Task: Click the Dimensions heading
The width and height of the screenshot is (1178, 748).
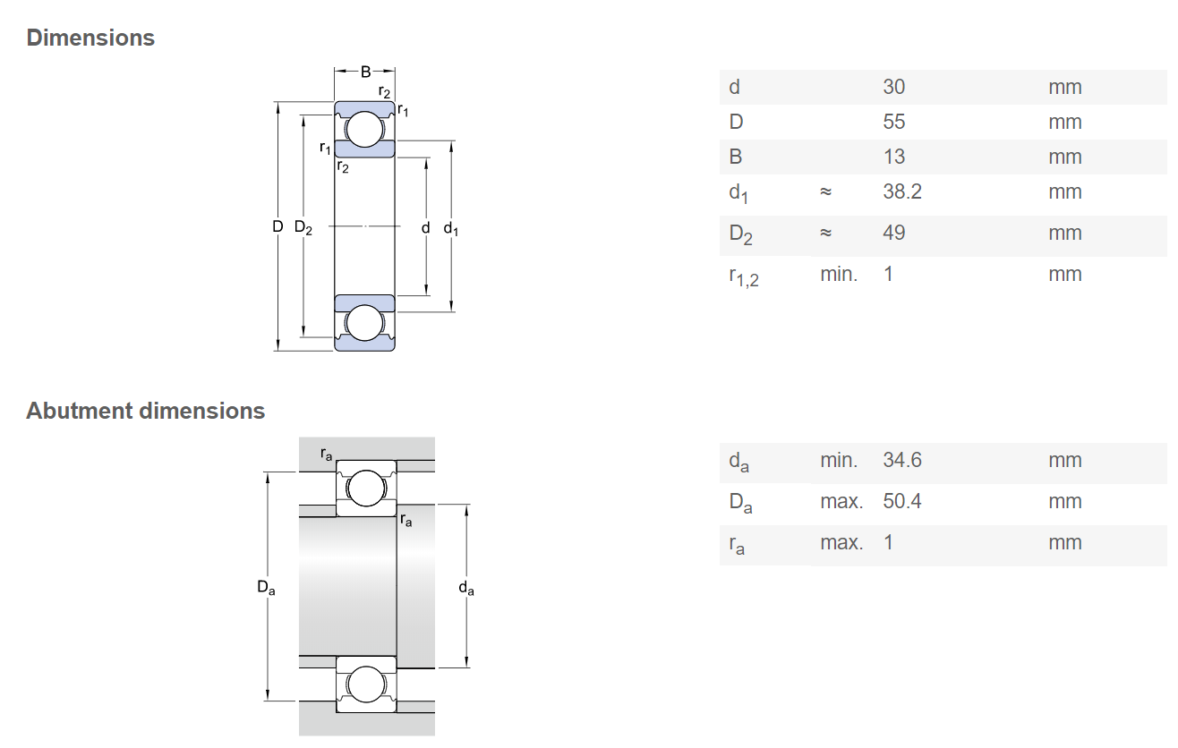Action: click(x=90, y=38)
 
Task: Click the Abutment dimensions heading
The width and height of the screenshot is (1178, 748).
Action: click(x=145, y=411)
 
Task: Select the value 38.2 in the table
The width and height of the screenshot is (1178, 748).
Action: click(x=901, y=191)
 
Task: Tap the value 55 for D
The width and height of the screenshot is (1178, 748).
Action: click(x=893, y=122)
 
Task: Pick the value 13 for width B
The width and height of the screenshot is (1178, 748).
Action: click(x=893, y=157)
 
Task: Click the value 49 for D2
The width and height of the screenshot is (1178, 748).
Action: click(x=893, y=233)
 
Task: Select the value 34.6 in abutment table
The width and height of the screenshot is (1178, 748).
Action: click(x=901, y=460)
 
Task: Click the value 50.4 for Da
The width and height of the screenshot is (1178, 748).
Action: click(x=901, y=501)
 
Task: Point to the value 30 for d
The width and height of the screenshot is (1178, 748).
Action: click(x=893, y=87)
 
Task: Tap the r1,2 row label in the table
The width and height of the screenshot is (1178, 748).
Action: click(x=743, y=276)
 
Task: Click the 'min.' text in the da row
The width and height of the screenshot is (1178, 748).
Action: click(x=839, y=460)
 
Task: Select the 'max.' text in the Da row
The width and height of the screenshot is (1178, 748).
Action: click(x=841, y=501)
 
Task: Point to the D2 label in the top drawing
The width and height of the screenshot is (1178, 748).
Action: click(x=303, y=228)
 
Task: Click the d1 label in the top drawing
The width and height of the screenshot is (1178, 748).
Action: click(x=451, y=229)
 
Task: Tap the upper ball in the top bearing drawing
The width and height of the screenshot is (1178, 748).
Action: click(x=364, y=130)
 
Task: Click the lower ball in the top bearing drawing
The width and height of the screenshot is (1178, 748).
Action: click(x=364, y=323)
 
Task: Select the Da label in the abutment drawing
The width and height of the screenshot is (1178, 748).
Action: click(x=266, y=588)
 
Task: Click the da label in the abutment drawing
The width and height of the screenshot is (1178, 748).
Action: click(x=466, y=588)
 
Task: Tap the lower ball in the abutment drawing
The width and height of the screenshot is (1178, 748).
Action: click(x=364, y=684)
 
